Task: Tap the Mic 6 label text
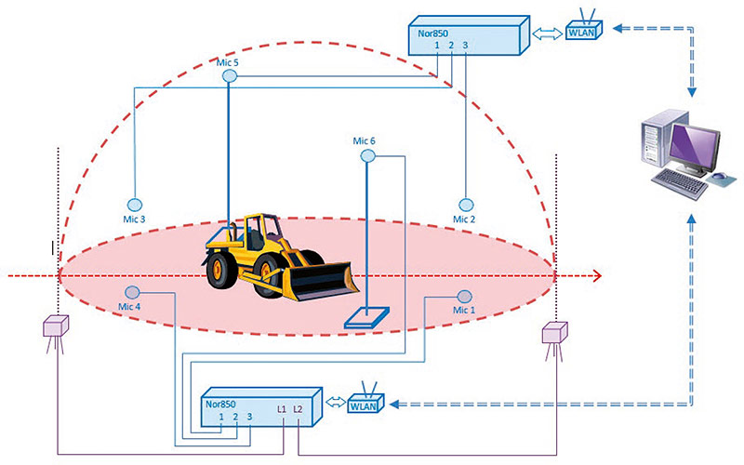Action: pyautogui.click(x=365, y=140)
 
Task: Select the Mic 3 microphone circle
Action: pyautogui.click(x=134, y=204)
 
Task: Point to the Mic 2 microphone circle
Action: pyautogui.click(x=465, y=204)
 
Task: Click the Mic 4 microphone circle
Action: pyautogui.click(x=133, y=292)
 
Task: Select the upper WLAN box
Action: pyautogui.click(x=583, y=31)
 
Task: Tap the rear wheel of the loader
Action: pyautogui.click(x=222, y=270)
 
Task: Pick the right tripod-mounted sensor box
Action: pyautogui.click(x=555, y=333)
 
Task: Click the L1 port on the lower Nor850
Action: pyautogui.click(x=282, y=409)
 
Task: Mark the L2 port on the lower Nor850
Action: pyautogui.click(x=298, y=409)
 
